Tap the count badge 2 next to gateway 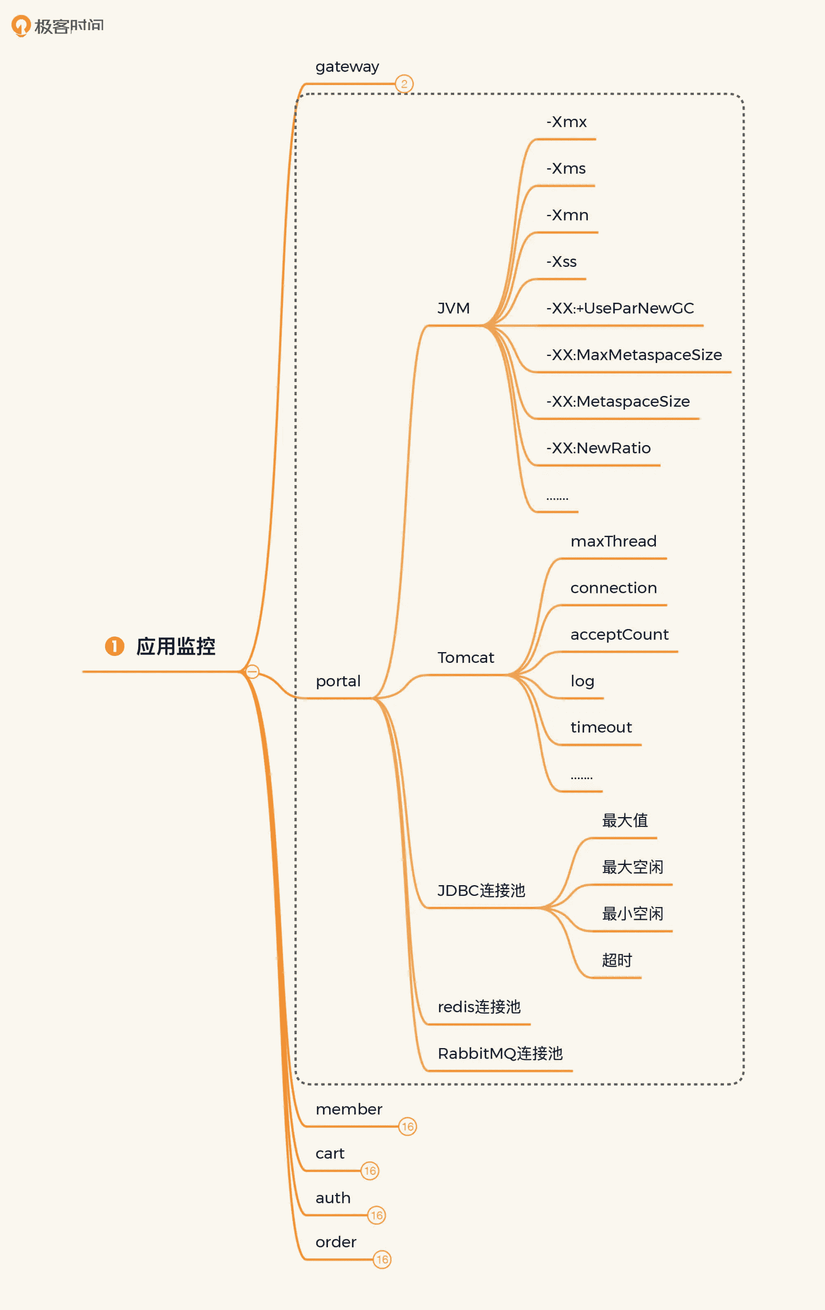(404, 84)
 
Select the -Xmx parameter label (566, 122)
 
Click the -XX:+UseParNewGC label (620, 309)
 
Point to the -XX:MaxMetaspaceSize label (634, 355)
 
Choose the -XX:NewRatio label (598, 448)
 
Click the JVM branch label (453, 309)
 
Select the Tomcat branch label (465, 658)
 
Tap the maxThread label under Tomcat (613, 541)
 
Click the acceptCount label (619, 634)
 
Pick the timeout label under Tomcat (601, 727)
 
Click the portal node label (338, 681)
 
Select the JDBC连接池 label (481, 891)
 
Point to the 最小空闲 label (632, 914)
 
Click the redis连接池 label (479, 1007)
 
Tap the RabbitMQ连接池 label (500, 1054)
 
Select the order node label (336, 1242)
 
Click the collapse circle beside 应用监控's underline (252, 671)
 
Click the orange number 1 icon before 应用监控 (114, 646)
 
